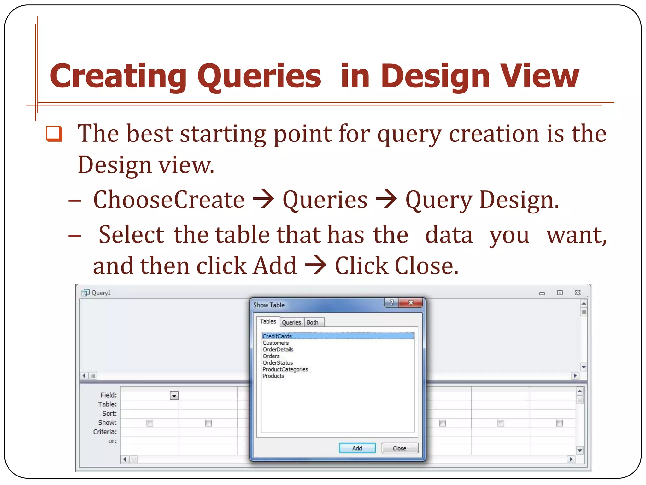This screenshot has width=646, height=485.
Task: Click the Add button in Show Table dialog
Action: pos(357,448)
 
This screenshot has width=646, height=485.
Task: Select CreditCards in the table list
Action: pos(277,336)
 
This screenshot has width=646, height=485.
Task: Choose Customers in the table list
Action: pos(275,343)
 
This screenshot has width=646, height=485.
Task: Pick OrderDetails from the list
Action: pos(278,349)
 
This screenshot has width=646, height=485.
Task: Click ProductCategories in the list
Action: pos(285,369)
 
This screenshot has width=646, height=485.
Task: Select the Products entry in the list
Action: pos(273,376)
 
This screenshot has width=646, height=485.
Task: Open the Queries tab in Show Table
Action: pos(291,322)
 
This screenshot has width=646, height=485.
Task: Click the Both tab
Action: pos(312,322)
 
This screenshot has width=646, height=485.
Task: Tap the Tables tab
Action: pos(268,321)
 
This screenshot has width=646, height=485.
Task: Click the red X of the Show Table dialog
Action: pos(410,302)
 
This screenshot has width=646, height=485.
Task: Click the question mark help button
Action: pos(391,302)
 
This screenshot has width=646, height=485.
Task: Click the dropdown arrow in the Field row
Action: pos(174,396)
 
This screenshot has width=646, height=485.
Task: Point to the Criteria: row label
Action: pos(105,432)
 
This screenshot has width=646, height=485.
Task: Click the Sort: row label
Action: pos(109,413)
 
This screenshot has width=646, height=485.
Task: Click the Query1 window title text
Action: pos(101,293)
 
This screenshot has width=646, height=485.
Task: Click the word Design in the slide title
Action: pos(435,76)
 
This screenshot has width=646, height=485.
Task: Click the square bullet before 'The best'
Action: pos(54,134)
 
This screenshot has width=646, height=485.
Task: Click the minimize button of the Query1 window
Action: pos(542,293)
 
